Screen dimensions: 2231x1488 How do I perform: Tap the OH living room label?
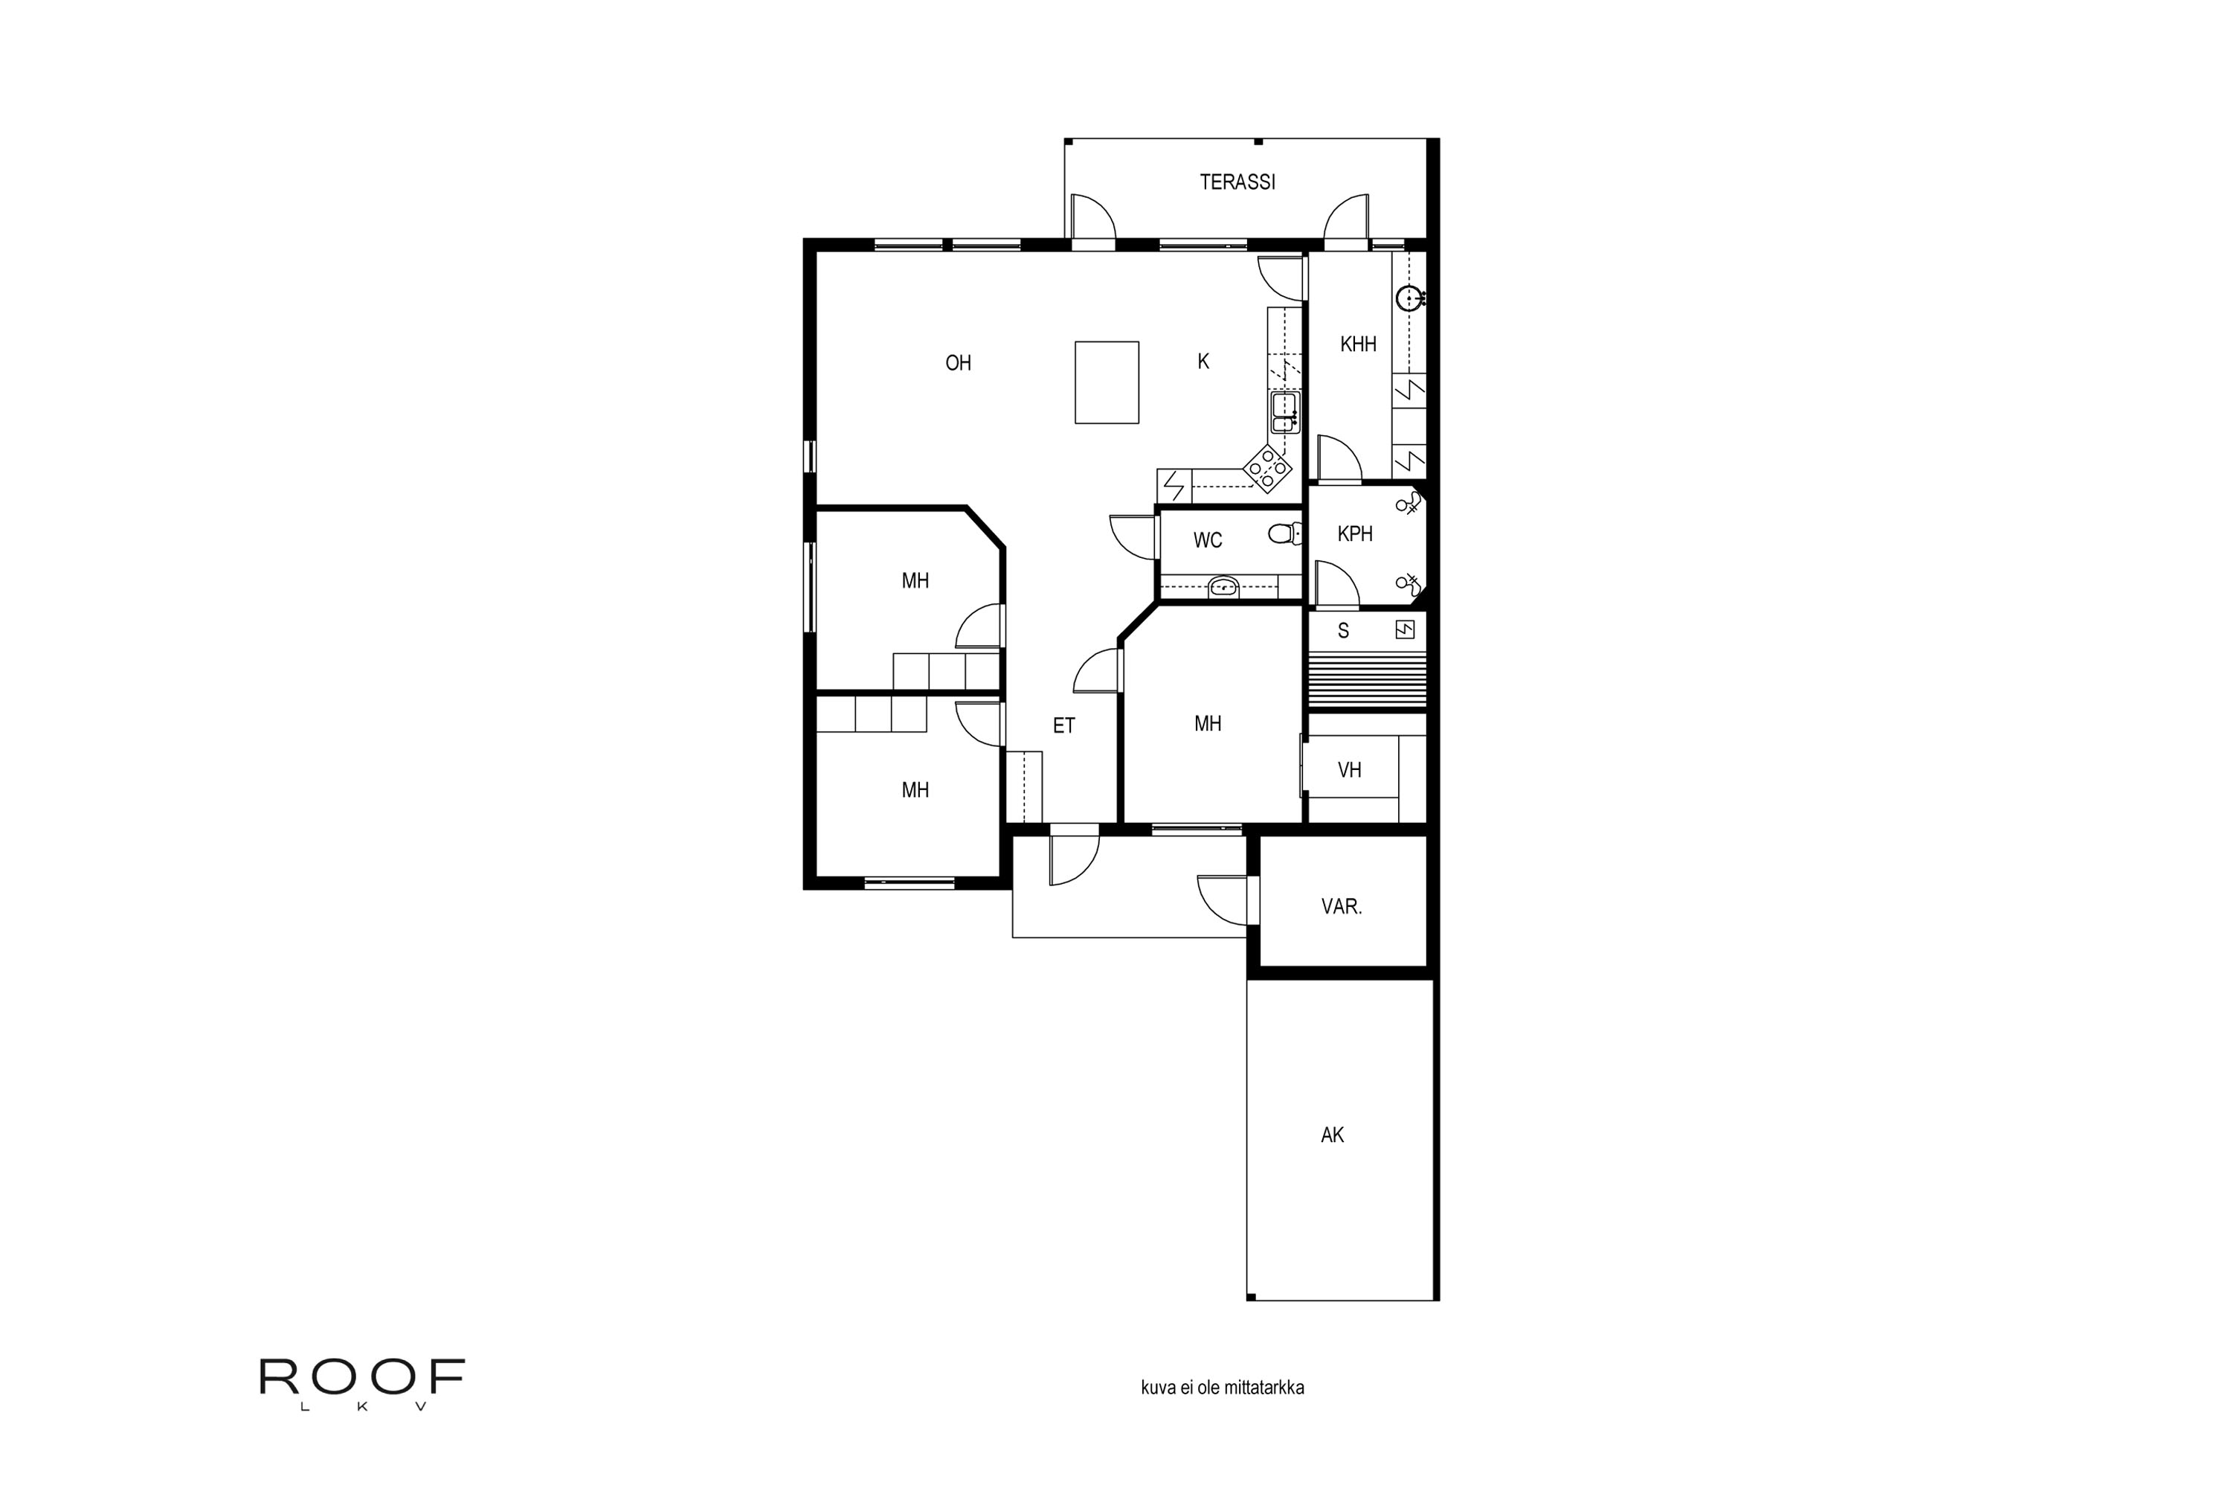click(958, 362)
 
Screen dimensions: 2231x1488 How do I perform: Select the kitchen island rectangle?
click(1106, 382)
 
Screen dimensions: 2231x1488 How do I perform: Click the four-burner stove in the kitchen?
click(1267, 468)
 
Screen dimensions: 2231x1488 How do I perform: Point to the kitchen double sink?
click(1284, 413)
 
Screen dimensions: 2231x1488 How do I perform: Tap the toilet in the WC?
click(1284, 534)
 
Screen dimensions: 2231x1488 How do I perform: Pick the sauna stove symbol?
click(1405, 629)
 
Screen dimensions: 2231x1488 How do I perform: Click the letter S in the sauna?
click(1343, 631)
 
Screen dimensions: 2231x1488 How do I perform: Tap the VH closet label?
click(1349, 769)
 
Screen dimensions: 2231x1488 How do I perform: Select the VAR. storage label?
click(1342, 907)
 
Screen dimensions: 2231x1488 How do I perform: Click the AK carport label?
click(1332, 1135)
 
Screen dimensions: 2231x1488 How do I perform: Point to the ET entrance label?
click(1063, 726)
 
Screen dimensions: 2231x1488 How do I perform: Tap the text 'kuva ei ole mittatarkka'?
click(1222, 1388)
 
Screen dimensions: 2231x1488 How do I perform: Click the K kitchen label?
click(1203, 362)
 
